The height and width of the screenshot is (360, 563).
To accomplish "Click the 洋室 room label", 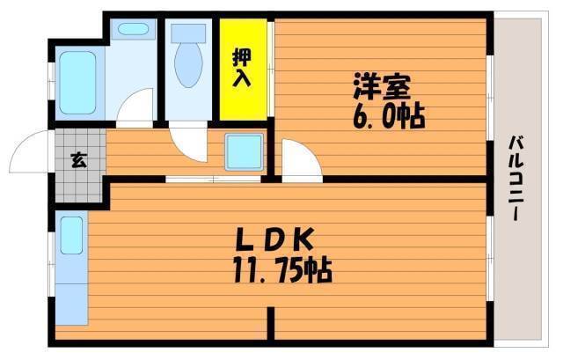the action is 381,87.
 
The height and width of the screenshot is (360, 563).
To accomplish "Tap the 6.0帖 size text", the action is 389,117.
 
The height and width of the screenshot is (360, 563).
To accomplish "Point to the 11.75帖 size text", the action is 282,270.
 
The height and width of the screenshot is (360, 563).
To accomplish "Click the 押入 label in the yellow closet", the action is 241,68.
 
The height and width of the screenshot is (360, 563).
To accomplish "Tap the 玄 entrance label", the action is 78,160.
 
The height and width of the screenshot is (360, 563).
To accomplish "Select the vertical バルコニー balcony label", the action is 516,177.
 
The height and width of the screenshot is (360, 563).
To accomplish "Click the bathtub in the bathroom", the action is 77,83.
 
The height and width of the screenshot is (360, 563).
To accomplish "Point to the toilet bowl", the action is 188,65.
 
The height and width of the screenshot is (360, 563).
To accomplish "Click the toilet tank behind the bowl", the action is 188,33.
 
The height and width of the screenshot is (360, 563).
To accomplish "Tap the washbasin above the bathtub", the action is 133,29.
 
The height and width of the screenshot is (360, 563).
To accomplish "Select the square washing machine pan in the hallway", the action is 245,152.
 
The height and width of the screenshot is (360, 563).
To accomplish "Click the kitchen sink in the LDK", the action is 71,235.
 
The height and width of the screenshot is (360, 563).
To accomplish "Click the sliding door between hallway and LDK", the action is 213,179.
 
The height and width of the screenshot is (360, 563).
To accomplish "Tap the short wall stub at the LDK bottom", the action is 271,323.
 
